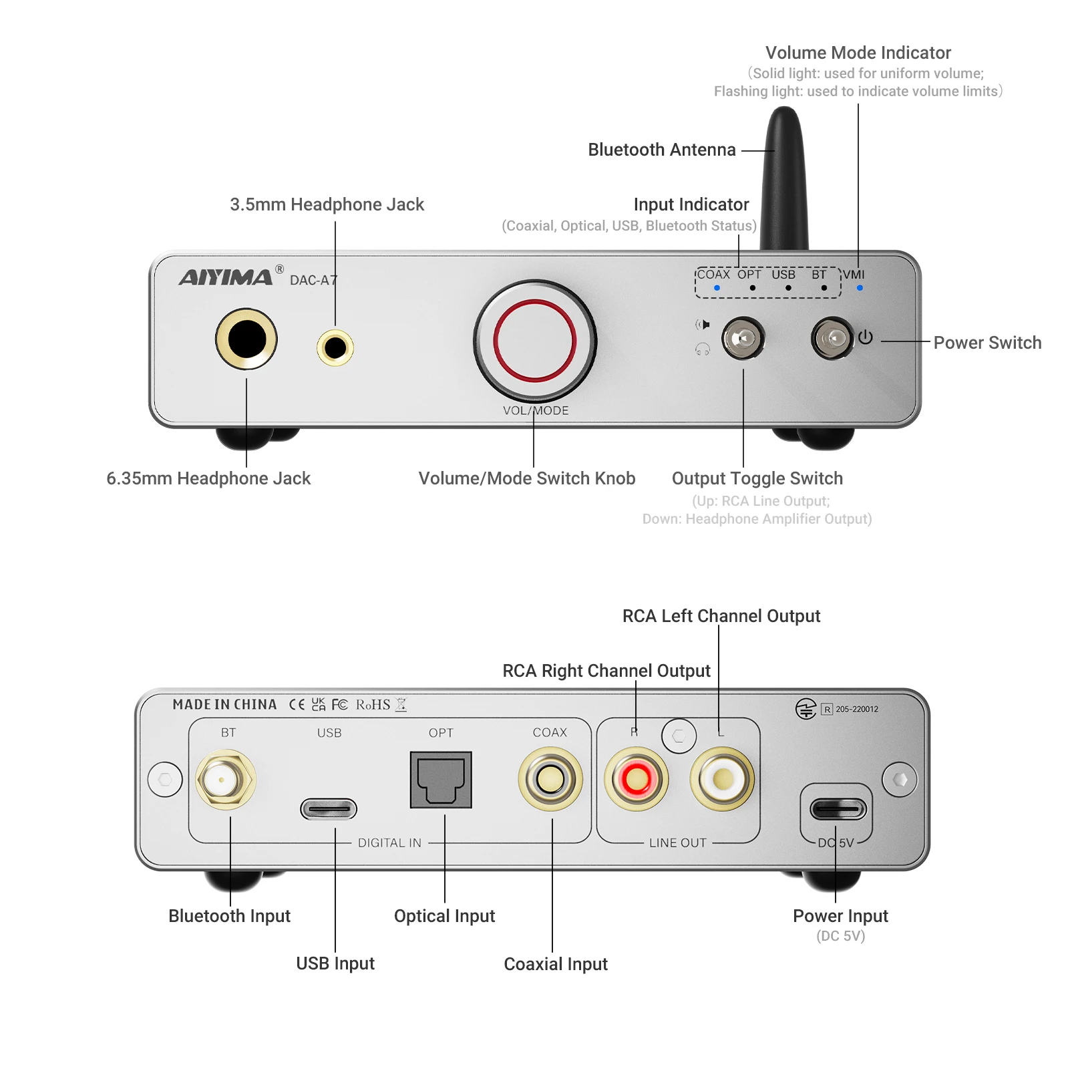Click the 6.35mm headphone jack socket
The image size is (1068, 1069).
246,339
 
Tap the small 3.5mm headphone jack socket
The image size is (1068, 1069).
335,347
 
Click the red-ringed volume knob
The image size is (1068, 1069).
534,341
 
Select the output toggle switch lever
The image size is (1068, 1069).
743,338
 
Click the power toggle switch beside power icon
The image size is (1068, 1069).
832,338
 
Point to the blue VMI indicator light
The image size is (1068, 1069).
860,288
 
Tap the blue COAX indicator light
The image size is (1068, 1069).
717,288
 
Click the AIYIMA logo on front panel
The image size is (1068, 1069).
226,277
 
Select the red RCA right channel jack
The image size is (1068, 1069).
636,779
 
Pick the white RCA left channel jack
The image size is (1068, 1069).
722,779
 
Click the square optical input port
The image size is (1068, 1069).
441,780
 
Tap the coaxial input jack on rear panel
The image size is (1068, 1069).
550,779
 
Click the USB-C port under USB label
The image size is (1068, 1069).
329,809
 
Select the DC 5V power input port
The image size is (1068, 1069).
838,809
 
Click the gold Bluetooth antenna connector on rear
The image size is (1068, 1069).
225,779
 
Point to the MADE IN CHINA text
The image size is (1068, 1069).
224,705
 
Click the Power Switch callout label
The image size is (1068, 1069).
987,343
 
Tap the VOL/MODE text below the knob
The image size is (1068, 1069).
536,411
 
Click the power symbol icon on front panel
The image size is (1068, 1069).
866,337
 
